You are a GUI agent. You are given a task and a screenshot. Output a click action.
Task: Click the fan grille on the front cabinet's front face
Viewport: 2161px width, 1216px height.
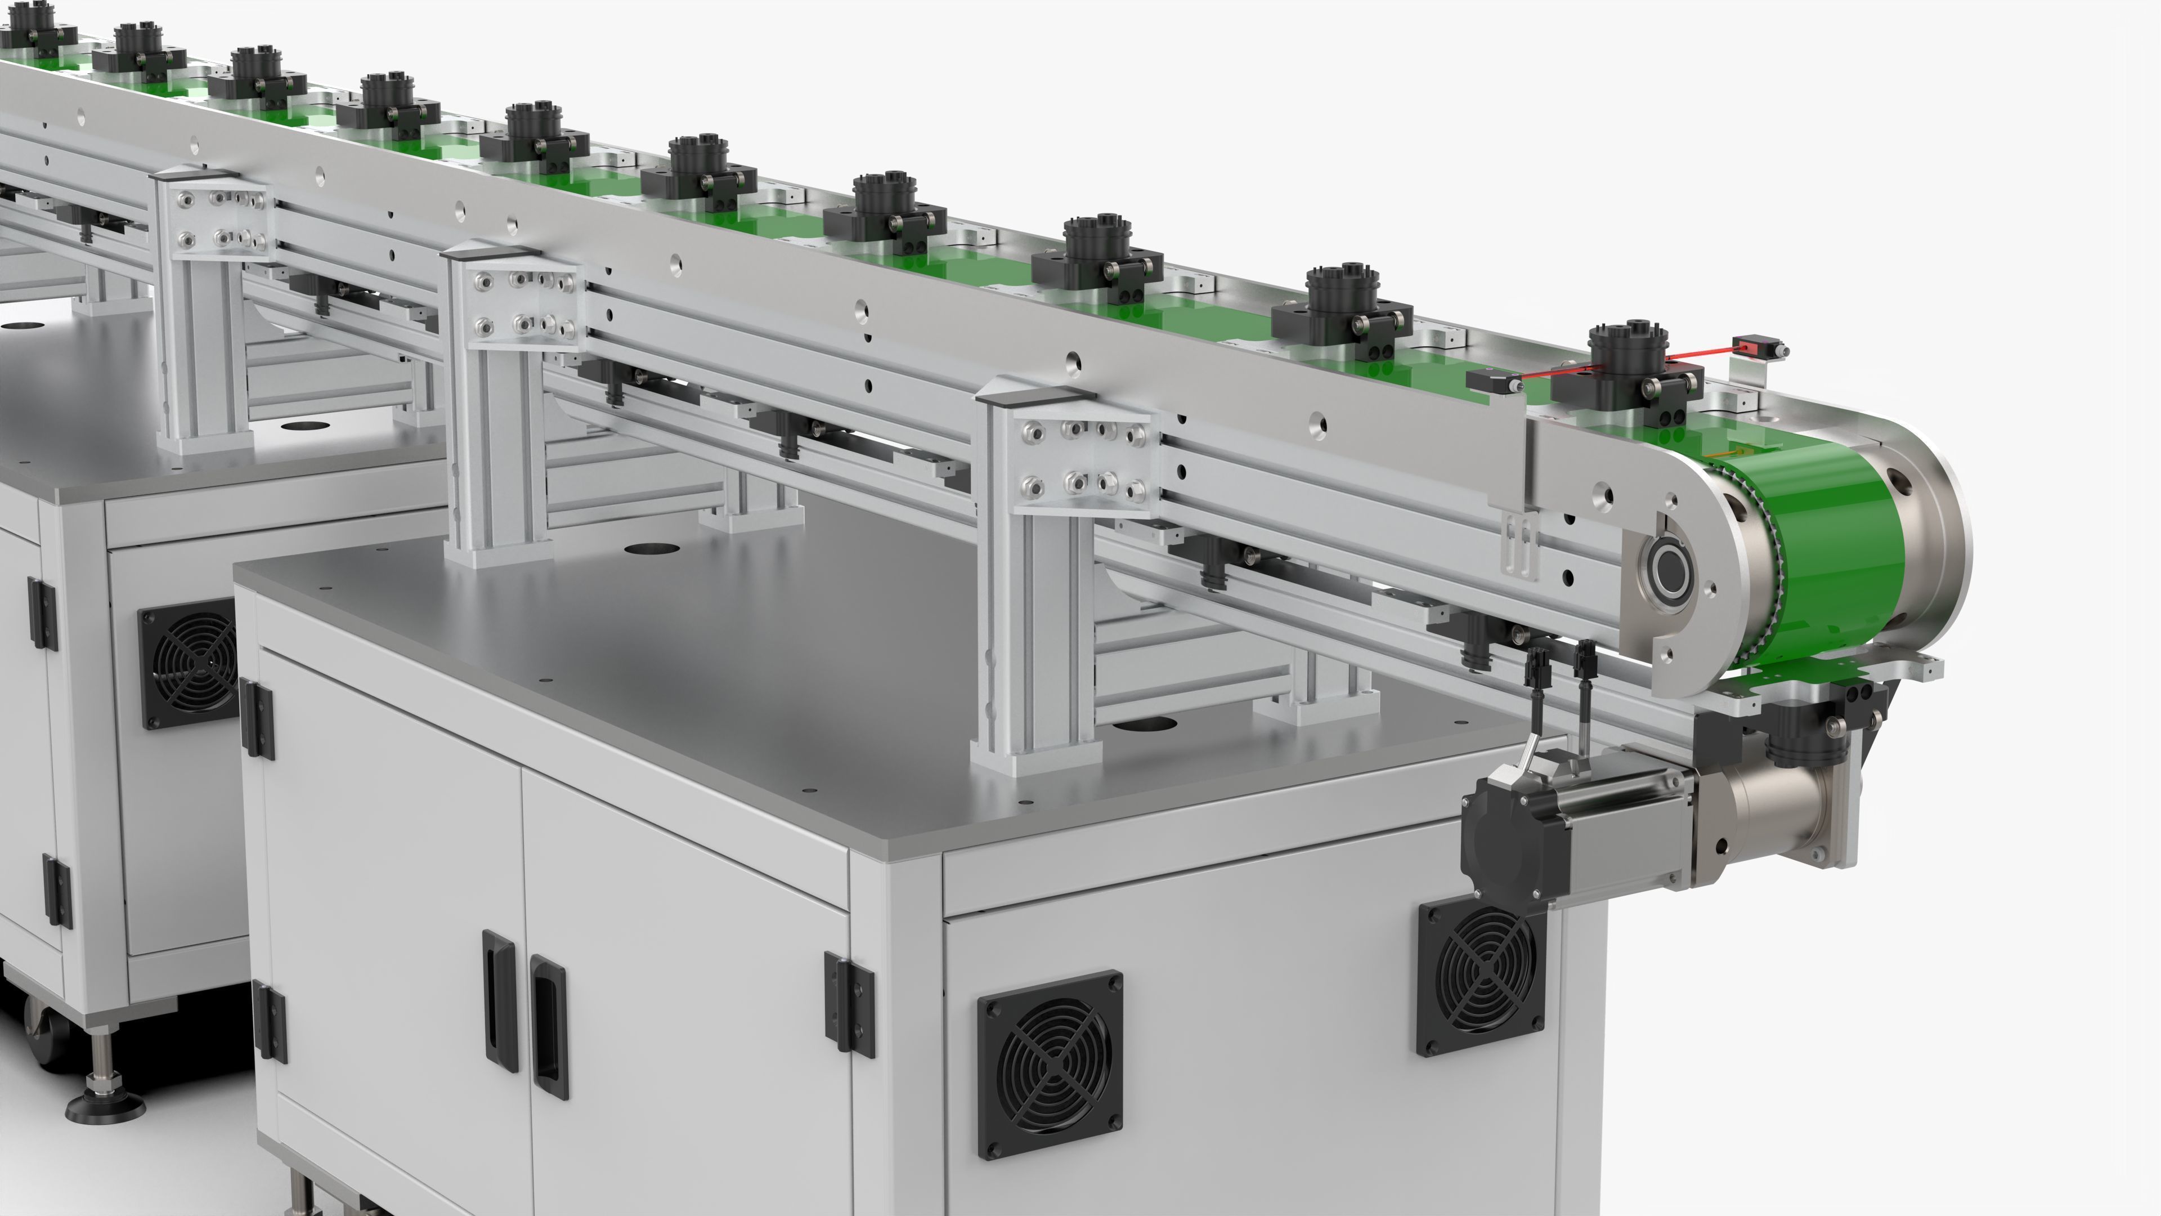1050,1064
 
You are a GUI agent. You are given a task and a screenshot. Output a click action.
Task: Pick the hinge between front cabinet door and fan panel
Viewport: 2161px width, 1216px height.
849,1002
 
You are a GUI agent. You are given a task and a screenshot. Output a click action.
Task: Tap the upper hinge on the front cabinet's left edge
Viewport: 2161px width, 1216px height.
256,718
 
